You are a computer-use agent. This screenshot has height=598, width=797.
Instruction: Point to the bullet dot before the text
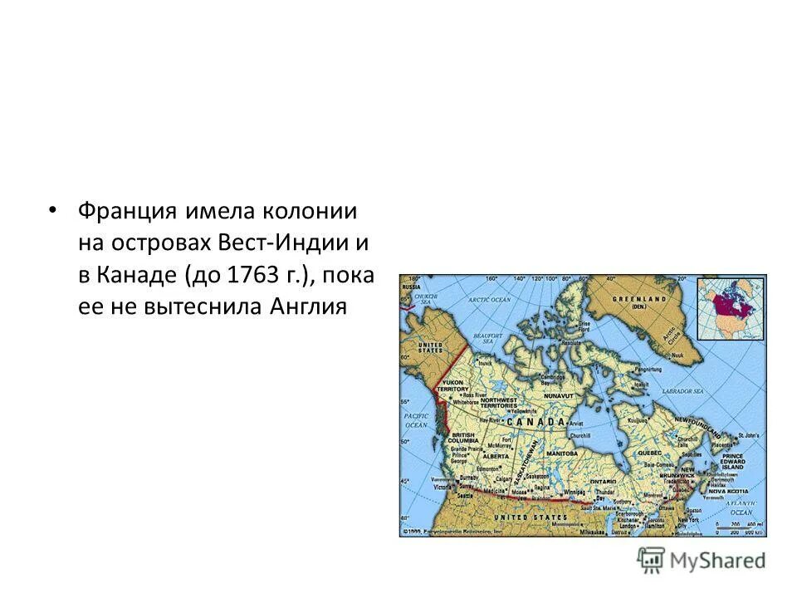tap(54, 208)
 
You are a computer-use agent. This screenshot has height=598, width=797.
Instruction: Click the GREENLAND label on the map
tap(639, 298)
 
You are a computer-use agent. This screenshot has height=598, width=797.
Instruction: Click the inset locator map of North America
tap(731, 308)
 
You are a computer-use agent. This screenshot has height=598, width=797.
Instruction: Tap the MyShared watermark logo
tap(702, 560)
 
